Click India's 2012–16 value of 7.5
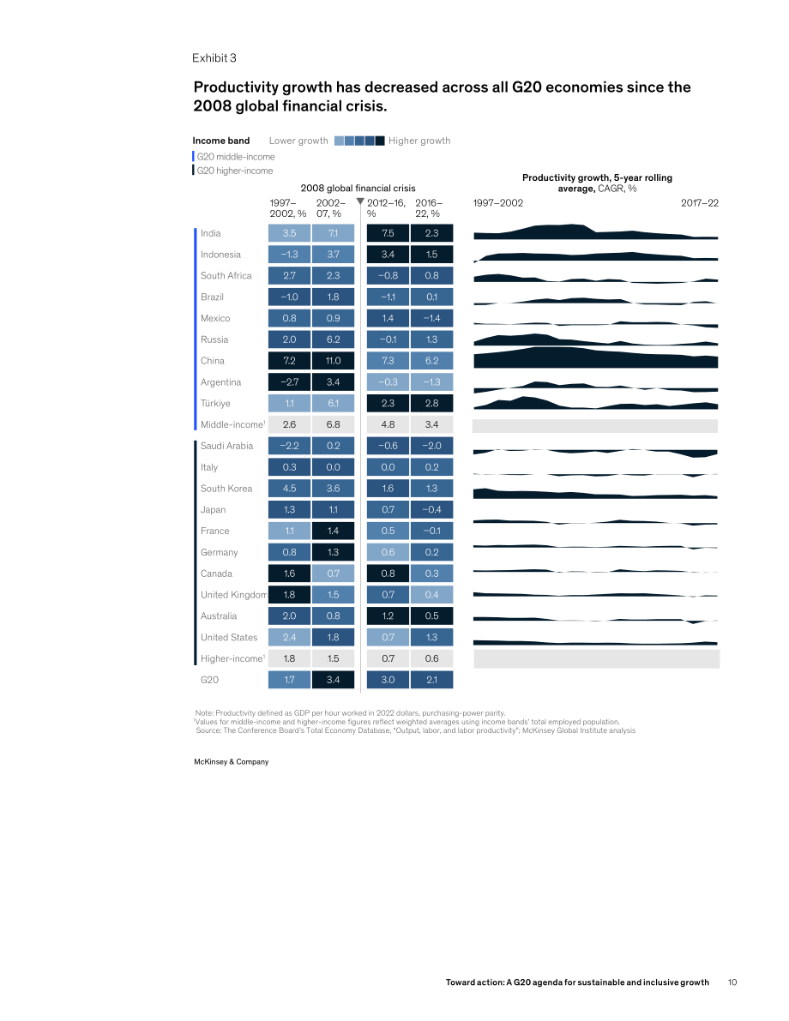click(388, 233)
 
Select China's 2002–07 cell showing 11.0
click(333, 361)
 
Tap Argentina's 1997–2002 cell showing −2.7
click(289, 382)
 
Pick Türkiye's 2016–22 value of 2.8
click(432, 403)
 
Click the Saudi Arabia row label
click(226, 446)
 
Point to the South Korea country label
click(226, 489)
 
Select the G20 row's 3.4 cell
click(333, 680)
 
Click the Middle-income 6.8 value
click(333, 424)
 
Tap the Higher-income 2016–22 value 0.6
click(432, 658)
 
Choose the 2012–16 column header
click(386, 208)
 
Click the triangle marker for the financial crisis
click(360, 201)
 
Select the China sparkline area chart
click(595, 358)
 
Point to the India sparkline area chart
click(595, 231)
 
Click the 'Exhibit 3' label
click(214, 58)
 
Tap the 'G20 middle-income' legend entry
click(235, 157)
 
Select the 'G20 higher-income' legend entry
click(234, 171)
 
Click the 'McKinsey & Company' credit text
click(232, 762)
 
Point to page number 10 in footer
click(732, 982)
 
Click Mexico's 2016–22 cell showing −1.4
click(432, 318)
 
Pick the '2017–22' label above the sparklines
click(700, 203)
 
